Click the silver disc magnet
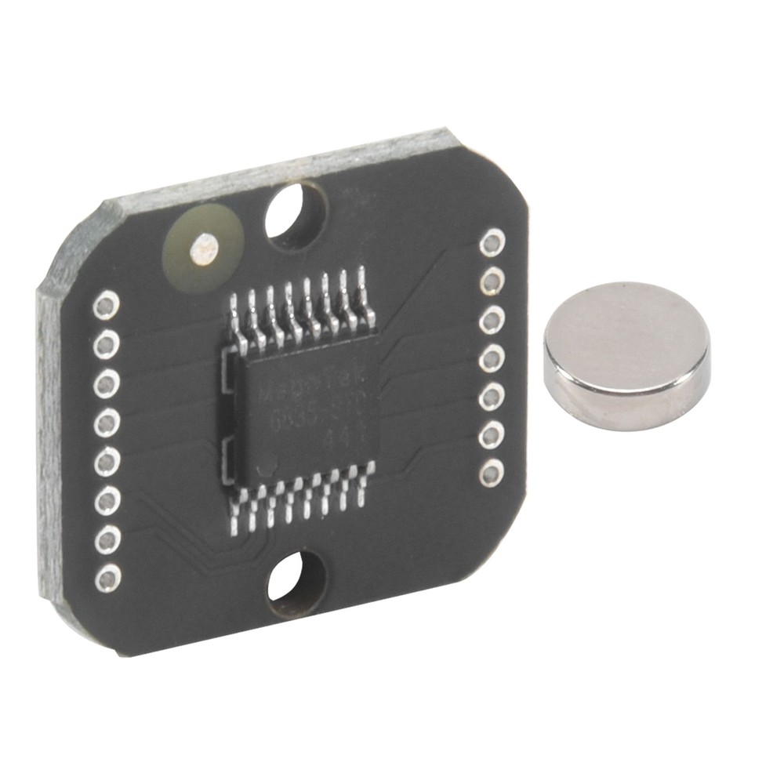point(627,357)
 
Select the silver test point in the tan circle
point(204,249)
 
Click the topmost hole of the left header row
point(107,305)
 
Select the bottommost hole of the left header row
point(107,578)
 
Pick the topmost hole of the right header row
point(492,242)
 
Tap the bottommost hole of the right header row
point(492,473)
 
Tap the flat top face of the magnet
point(627,333)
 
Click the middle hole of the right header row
point(492,358)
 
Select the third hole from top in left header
point(107,383)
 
